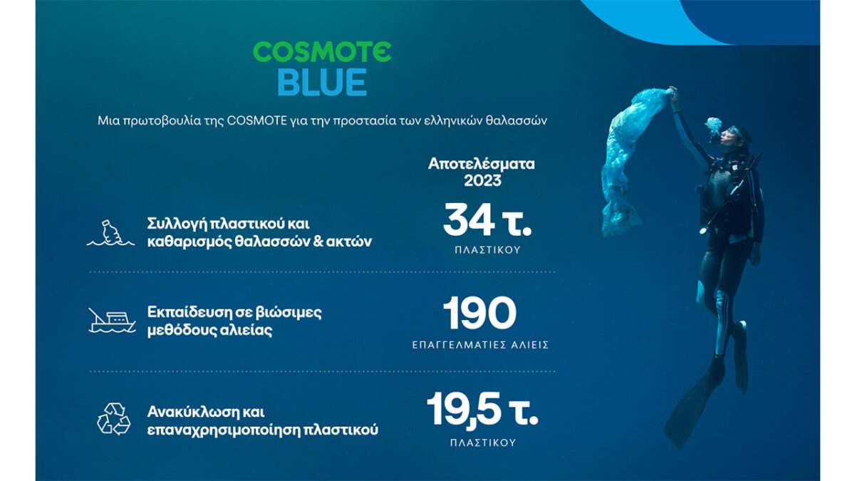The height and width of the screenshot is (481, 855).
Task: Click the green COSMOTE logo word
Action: (322, 52)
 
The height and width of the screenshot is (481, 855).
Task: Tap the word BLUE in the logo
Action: (322, 82)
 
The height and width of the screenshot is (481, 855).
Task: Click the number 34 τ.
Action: (487, 220)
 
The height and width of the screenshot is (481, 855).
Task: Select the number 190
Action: (480, 313)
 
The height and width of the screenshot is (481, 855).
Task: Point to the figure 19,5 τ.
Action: (482, 409)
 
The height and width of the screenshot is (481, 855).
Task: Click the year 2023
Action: (482, 180)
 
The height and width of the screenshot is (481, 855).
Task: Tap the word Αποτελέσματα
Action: (482, 164)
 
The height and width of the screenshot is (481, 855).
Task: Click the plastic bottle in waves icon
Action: (110, 233)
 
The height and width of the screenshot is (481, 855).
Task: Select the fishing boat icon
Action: (112, 321)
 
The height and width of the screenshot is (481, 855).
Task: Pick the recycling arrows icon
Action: (114, 419)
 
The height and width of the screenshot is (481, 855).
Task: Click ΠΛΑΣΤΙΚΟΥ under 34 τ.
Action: (487, 250)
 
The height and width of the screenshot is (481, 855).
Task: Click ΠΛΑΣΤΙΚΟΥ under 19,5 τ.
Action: (483, 443)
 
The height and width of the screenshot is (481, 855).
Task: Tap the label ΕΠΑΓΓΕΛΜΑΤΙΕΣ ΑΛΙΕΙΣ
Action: (480, 345)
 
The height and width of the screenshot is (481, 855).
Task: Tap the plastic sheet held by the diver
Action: (630, 160)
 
